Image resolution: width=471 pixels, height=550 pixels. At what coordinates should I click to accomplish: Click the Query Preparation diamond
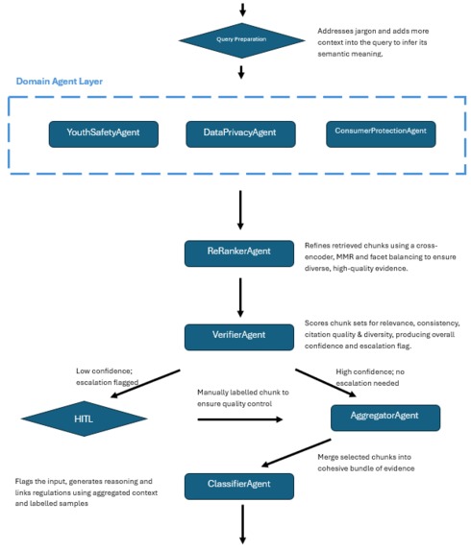point(240,39)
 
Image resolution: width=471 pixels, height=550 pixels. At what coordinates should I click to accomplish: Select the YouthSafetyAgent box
point(104,133)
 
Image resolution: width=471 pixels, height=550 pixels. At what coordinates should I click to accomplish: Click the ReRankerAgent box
point(238,252)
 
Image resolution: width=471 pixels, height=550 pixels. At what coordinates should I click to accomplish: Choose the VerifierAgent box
point(238,336)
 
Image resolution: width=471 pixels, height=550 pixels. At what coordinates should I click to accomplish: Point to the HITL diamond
point(84,418)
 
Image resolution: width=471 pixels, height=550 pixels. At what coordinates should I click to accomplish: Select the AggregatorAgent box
point(384,418)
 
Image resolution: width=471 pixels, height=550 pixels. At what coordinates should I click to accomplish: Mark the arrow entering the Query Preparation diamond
point(241,9)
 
